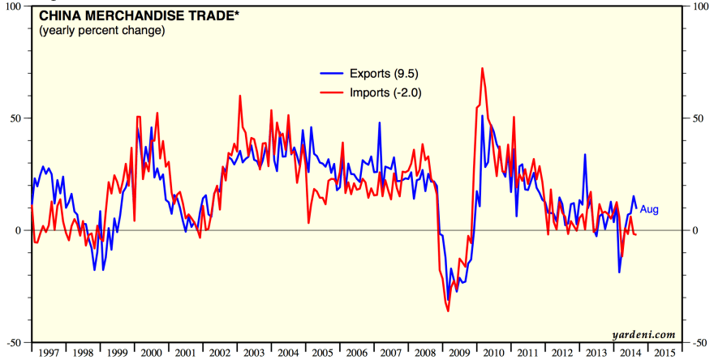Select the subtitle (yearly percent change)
(x=101, y=31)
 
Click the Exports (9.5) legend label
(x=385, y=73)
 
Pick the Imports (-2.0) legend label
(x=385, y=92)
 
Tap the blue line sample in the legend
(x=332, y=73)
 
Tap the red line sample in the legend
(x=332, y=92)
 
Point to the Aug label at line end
(x=649, y=210)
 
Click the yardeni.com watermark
(x=646, y=334)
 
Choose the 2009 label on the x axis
(x=459, y=354)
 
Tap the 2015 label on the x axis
(x=664, y=354)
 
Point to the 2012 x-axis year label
(x=561, y=354)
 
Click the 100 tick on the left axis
(x=15, y=6)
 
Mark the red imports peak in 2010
(x=483, y=69)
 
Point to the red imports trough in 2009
(x=448, y=310)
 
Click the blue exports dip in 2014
(x=619, y=272)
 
